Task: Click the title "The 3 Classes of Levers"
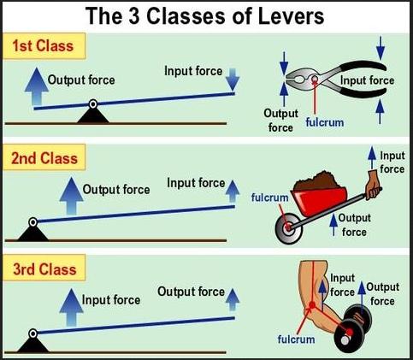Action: click(x=207, y=15)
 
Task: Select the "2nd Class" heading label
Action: click(x=44, y=158)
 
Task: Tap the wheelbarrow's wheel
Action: click(x=287, y=228)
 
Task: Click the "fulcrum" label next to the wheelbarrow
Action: click(x=268, y=198)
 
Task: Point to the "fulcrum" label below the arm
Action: click(x=295, y=339)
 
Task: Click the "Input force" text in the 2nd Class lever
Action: click(x=196, y=182)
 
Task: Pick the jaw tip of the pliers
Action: click(x=286, y=79)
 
